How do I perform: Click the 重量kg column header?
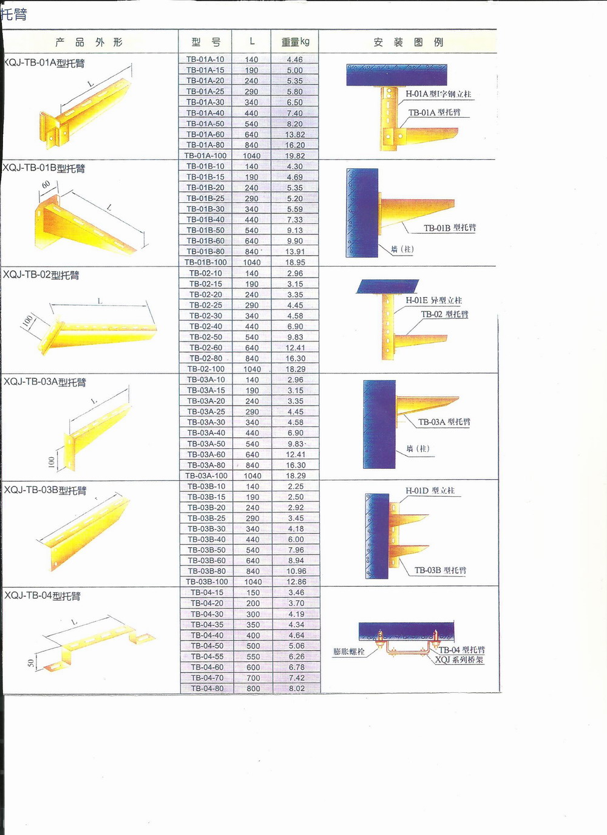[x=295, y=42]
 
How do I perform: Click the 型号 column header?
[x=206, y=42]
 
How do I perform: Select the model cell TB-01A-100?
[x=206, y=155]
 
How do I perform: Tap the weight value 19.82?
[x=295, y=155]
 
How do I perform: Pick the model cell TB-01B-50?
[x=206, y=230]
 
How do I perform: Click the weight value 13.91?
[x=295, y=251]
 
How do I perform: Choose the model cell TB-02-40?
[x=206, y=326]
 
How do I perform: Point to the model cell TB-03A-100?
[x=206, y=475]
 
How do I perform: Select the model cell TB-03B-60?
[x=206, y=561]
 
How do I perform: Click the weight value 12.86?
[x=296, y=582]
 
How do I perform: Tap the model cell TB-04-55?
[x=207, y=656]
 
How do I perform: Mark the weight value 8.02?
[x=297, y=689]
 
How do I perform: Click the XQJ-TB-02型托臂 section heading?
[x=41, y=275]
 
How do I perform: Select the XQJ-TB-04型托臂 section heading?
[x=42, y=596]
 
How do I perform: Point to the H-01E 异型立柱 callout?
[x=433, y=301]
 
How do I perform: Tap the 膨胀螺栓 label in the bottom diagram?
[x=349, y=652]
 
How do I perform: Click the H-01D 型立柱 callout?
[x=430, y=491]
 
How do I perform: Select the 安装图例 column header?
[x=408, y=42]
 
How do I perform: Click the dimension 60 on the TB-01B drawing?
[x=46, y=185]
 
